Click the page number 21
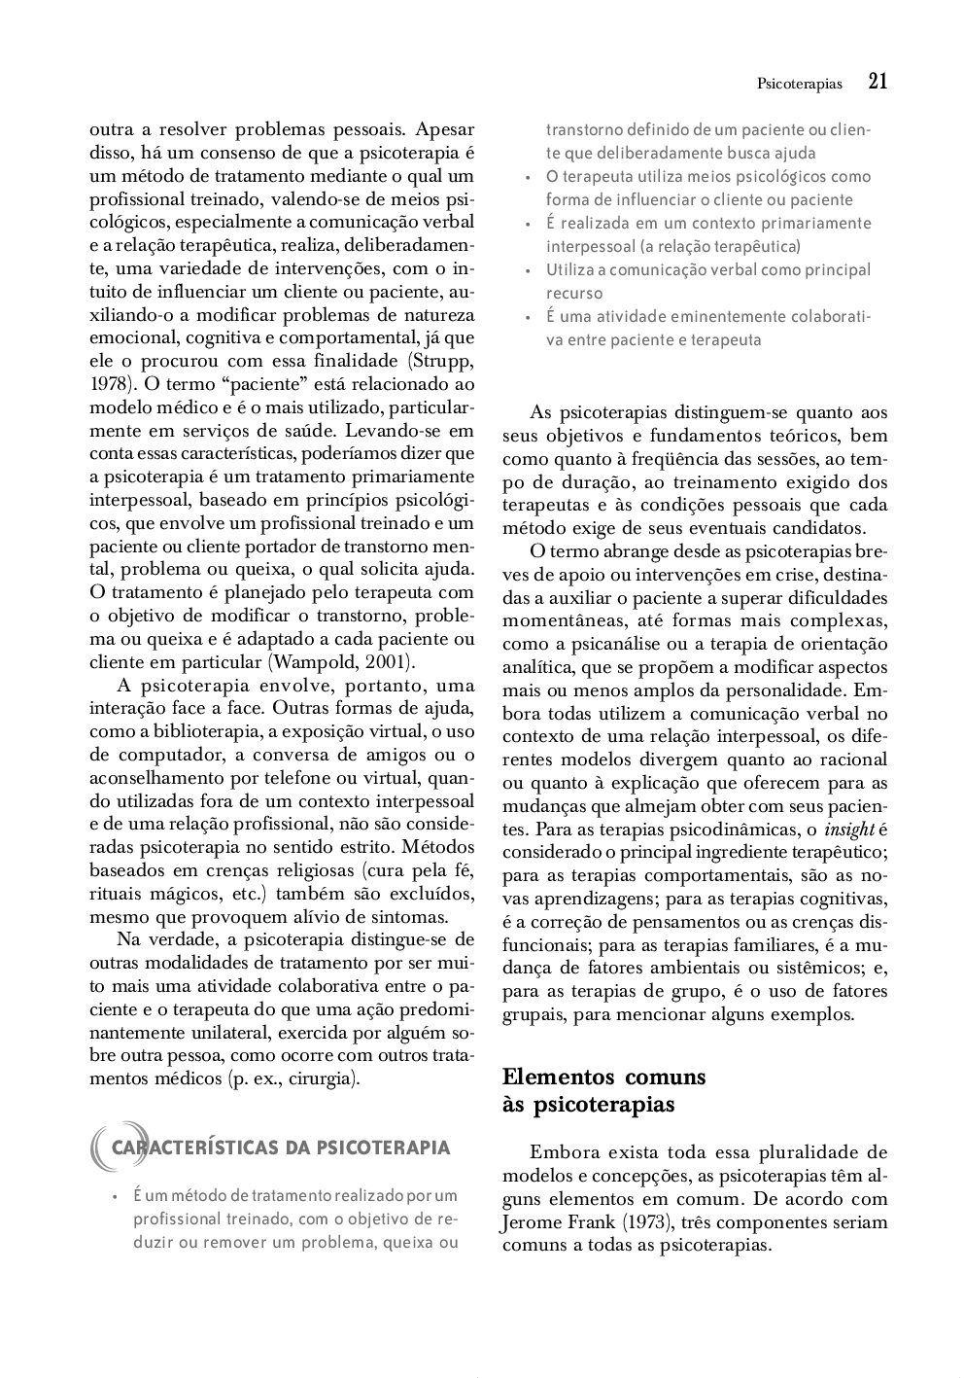878,82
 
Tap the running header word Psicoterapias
799,85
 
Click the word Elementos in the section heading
558,1077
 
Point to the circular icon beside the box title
104,1148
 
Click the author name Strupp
447,360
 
